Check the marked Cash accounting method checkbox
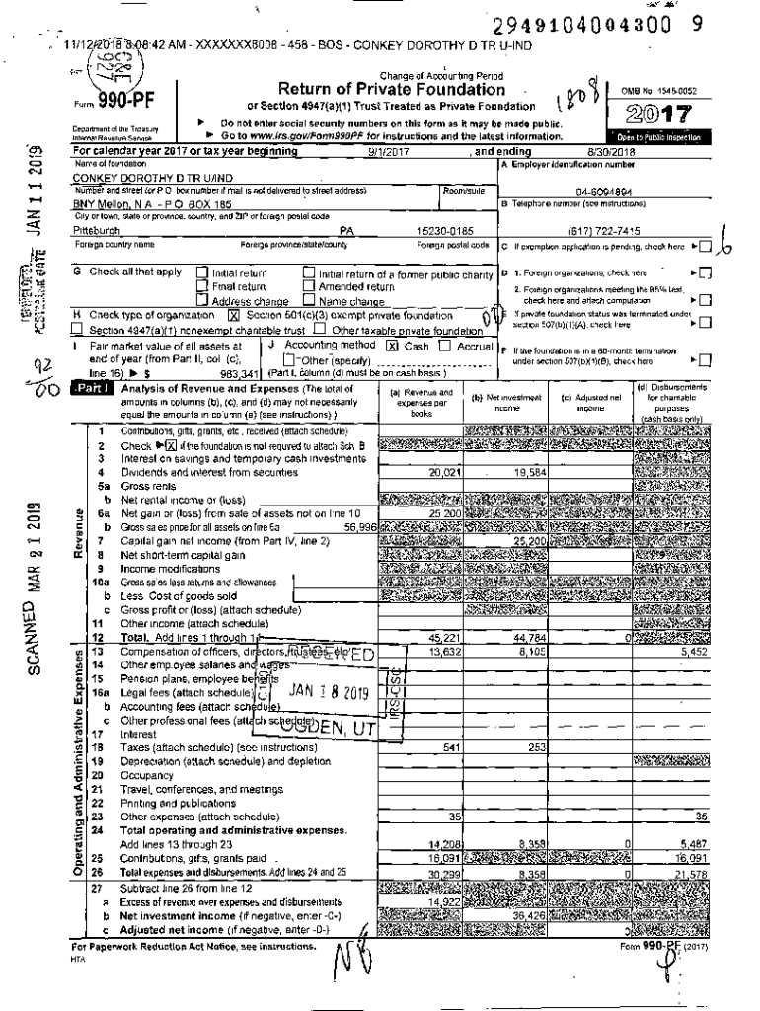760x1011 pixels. (x=392, y=347)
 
